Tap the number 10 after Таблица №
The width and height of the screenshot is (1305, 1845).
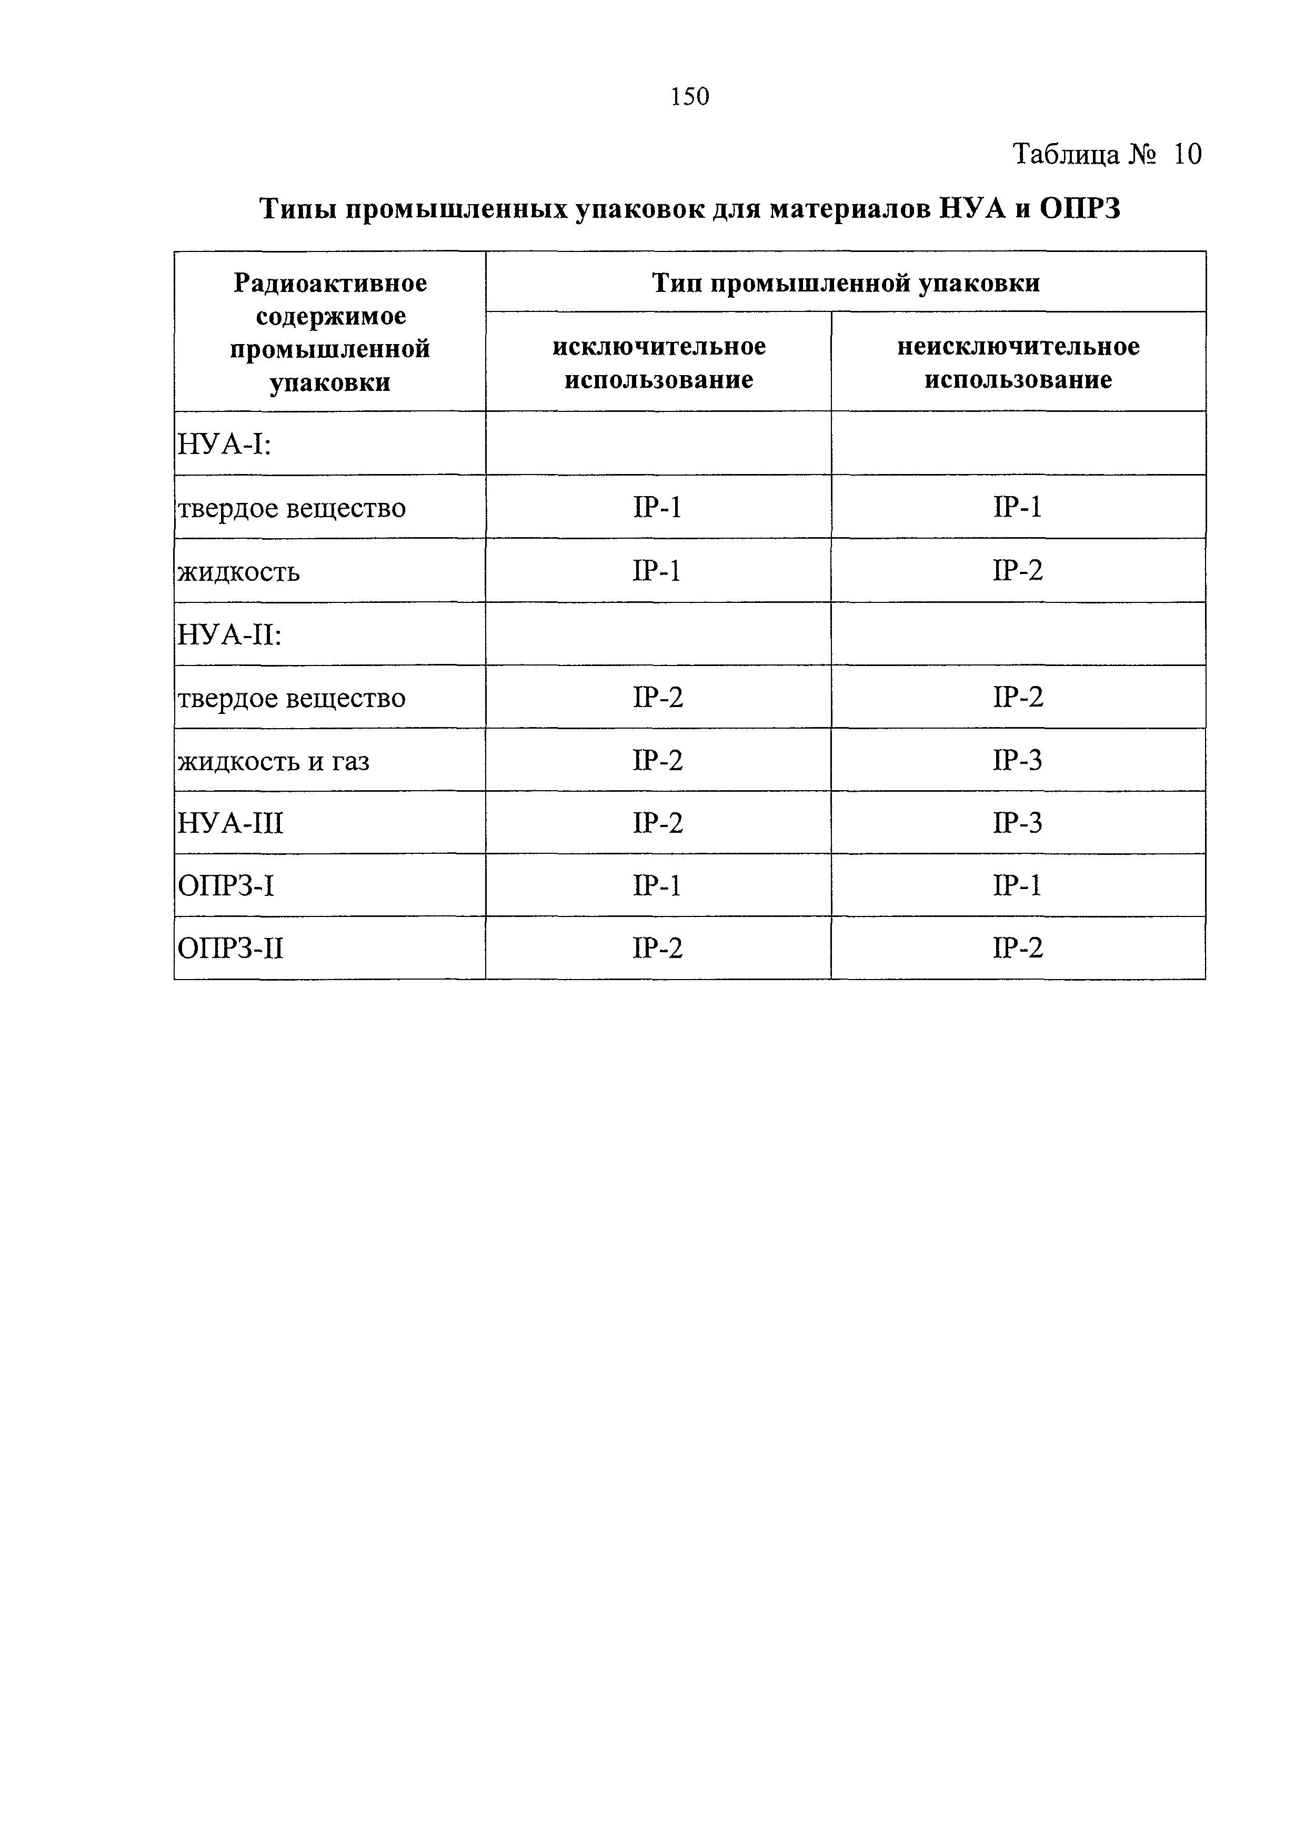[x=1187, y=154]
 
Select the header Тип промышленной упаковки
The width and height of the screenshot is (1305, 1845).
[x=846, y=283]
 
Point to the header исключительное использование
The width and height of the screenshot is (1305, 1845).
[x=659, y=362]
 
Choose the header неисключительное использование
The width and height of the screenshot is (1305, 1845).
[x=1018, y=362]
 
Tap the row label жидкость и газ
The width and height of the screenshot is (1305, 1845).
[x=273, y=760]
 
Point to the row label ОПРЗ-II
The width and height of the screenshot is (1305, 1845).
[x=230, y=949]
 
